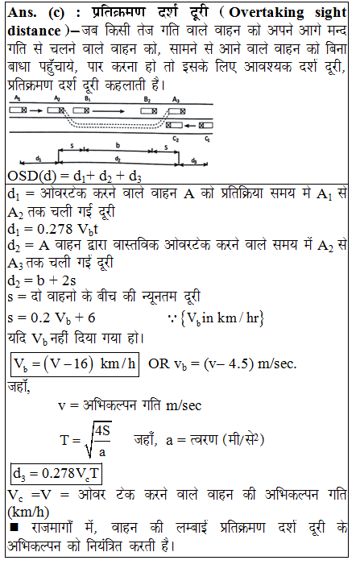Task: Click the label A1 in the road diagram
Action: pyautogui.click(x=18, y=98)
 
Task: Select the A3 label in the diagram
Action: pyautogui.click(x=176, y=98)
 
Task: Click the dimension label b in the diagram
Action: pyautogui.click(x=119, y=147)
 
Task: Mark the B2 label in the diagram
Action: pyautogui.click(x=147, y=98)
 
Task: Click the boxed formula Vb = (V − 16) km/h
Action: pyautogui.click(x=74, y=363)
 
